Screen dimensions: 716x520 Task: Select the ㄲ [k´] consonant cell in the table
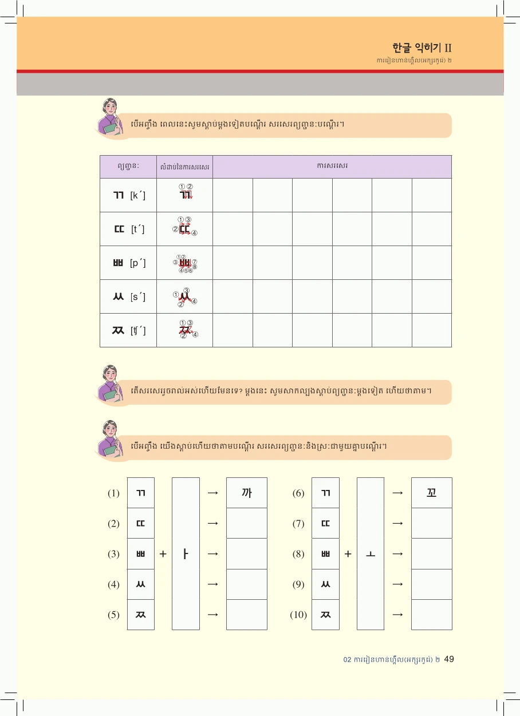click(128, 195)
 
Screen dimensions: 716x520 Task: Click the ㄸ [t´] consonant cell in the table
click(128, 229)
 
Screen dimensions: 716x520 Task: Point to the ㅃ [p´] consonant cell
click(128, 263)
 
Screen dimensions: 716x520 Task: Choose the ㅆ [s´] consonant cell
click(128, 296)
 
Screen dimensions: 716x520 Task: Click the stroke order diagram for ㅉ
click(185, 330)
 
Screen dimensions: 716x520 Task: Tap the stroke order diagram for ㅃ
click(185, 263)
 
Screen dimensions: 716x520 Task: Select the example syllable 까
click(247, 493)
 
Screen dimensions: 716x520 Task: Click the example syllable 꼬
click(432, 493)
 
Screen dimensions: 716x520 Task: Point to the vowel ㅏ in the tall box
click(186, 554)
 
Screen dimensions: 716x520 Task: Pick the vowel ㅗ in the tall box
click(371, 554)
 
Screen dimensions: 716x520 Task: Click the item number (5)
click(113, 615)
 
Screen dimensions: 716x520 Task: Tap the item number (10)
click(298, 615)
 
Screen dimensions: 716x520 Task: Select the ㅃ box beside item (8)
click(325, 554)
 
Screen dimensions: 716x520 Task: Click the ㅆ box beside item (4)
click(141, 584)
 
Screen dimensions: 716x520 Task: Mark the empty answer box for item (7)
click(432, 523)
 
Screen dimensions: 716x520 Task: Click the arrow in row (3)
click(213, 554)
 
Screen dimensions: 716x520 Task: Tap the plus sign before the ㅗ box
click(348, 554)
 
